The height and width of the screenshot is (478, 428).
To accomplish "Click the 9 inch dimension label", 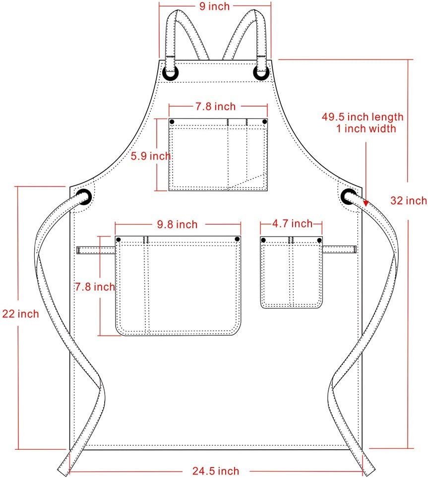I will pos(215,6).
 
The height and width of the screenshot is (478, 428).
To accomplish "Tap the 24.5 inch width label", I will pos(215,471).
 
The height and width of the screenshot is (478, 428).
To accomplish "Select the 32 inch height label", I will pos(408,200).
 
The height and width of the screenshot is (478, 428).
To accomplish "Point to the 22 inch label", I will pos(20,314).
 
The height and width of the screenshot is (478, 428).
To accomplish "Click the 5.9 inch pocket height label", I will pos(150,156).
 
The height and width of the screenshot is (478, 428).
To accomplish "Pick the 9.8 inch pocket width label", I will pos(177,224).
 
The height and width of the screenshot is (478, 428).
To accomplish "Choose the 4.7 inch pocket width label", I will pos(293,224).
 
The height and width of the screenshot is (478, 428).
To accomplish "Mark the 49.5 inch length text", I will pos(363,117).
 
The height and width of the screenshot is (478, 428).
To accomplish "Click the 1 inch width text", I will pos(366,128).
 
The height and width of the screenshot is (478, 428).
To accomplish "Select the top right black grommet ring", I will pos(261,72).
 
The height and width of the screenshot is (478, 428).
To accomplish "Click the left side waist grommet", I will pos(84,197).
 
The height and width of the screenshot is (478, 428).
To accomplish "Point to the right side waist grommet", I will pos(349,196).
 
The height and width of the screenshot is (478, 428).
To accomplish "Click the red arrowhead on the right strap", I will pos(366,203).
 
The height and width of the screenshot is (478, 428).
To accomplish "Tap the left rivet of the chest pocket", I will pos(172,121).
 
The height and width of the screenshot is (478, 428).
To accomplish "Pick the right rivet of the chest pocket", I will pos(264,121).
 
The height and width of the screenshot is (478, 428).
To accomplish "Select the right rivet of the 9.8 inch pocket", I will pos(237,239).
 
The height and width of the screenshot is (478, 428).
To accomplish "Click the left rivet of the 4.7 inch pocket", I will pos(263,240).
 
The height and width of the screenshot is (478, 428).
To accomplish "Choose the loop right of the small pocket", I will pos(340,249).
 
